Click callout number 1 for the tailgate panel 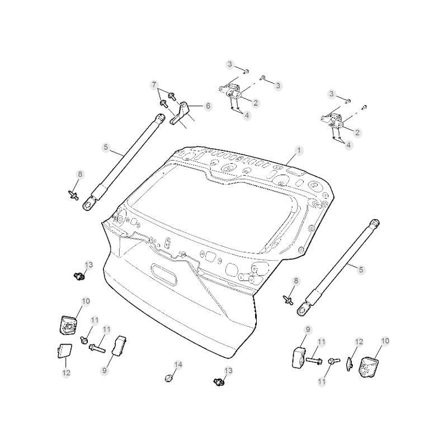click(x=299, y=150)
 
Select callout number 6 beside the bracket click(x=208, y=106)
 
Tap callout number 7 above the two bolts click(x=154, y=84)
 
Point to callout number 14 click(x=178, y=365)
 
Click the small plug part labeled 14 click(x=169, y=379)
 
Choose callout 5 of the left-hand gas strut click(x=106, y=148)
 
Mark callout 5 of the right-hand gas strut click(x=361, y=270)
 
